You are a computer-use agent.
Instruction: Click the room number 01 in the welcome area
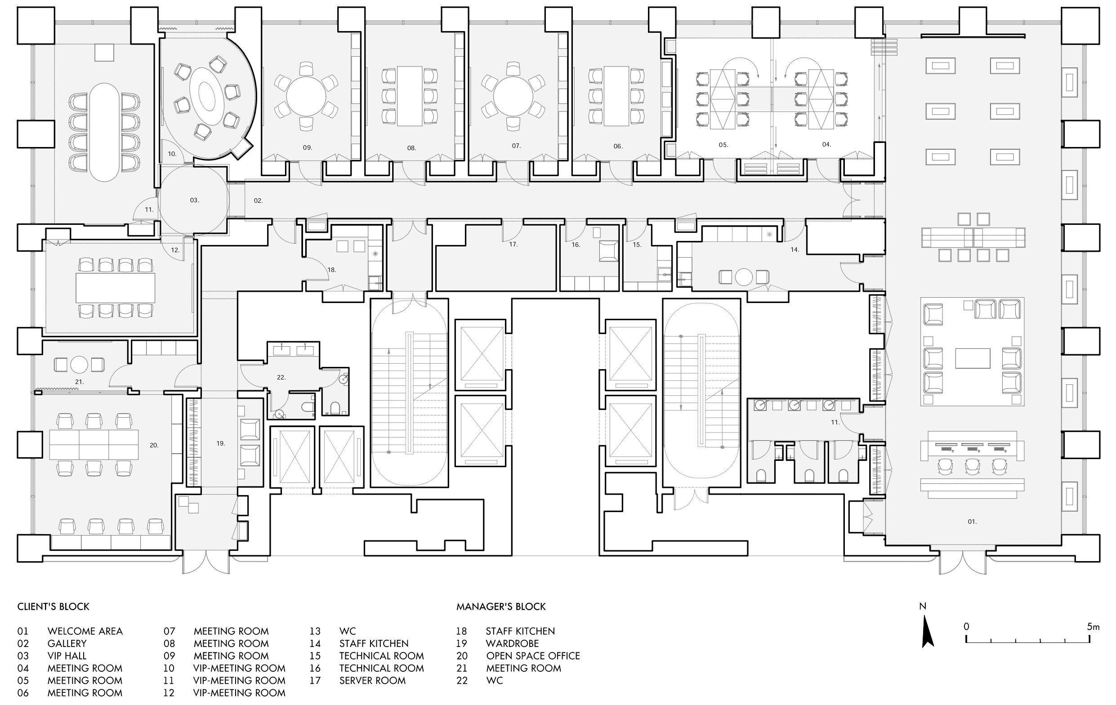[972, 522]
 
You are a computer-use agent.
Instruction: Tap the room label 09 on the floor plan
[307, 147]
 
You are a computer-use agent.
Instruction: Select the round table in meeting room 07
[513, 96]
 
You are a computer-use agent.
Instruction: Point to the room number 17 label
[513, 244]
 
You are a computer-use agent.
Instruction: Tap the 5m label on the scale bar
[1093, 627]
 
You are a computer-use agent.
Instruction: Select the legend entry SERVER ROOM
[372, 680]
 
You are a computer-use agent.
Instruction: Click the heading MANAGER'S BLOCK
[501, 607]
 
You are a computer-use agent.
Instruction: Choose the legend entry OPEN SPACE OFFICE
[533, 656]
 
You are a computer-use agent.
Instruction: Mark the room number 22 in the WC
[281, 377]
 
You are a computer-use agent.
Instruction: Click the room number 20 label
[154, 445]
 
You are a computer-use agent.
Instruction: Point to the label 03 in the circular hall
[194, 200]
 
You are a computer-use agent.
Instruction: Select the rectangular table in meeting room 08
[410, 96]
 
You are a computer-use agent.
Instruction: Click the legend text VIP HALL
[67, 656]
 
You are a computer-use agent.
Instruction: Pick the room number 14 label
[795, 250]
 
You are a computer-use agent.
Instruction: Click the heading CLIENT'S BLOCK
[54, 607]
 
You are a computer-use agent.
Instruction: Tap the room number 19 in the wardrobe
[221, 444]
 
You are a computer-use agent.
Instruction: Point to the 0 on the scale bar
[966, 627]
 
